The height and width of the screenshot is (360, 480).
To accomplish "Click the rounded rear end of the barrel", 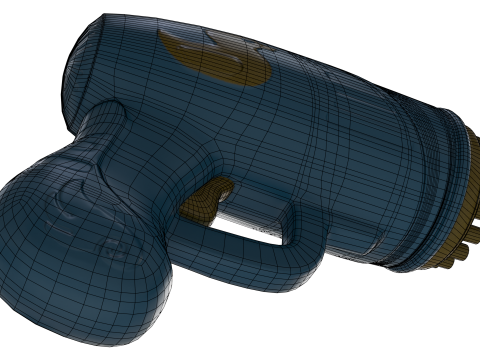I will point(85,60).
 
